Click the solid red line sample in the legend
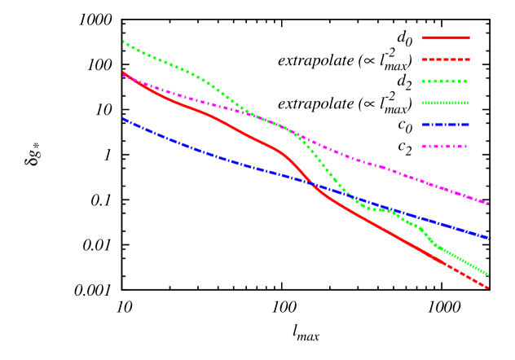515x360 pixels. pyautogui.click(x=446, y=37)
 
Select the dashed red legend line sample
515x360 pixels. pyautogui.click(x=446, y=59)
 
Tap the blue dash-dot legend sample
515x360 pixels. pyautogui.click(x=446, y=125)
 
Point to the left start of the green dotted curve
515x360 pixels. pyautogui.click(x=123, y=41)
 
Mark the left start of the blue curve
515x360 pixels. pyautogui.click(x=123, y=119)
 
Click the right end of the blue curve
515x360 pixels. pyautogui.click(x=490, y=238)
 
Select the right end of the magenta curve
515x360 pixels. pyautogui.click(x=489, y=203)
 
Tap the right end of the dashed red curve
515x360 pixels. pyautogui.click(x=489, y=288)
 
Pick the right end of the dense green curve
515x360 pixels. pyautogui.click(x=489, y=275)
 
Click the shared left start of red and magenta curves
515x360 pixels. pyautogui.click(x=123, y=73)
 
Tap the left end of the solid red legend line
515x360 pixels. pyautogui.click(x=423, y=37)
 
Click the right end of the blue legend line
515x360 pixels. pyautogui.click(x=469, y=125)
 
